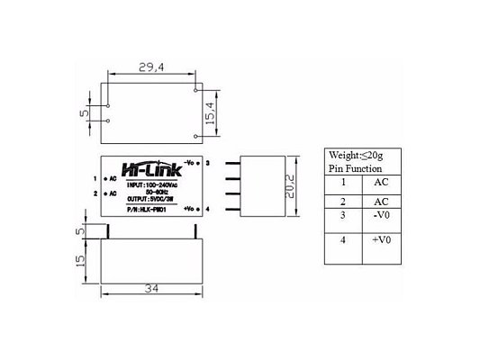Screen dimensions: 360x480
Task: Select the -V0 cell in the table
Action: point(381,217)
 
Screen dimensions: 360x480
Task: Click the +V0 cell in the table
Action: point(382,242)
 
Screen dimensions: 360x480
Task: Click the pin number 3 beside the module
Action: point(207,163)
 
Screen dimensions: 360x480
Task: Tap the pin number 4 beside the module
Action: point(207,209)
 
